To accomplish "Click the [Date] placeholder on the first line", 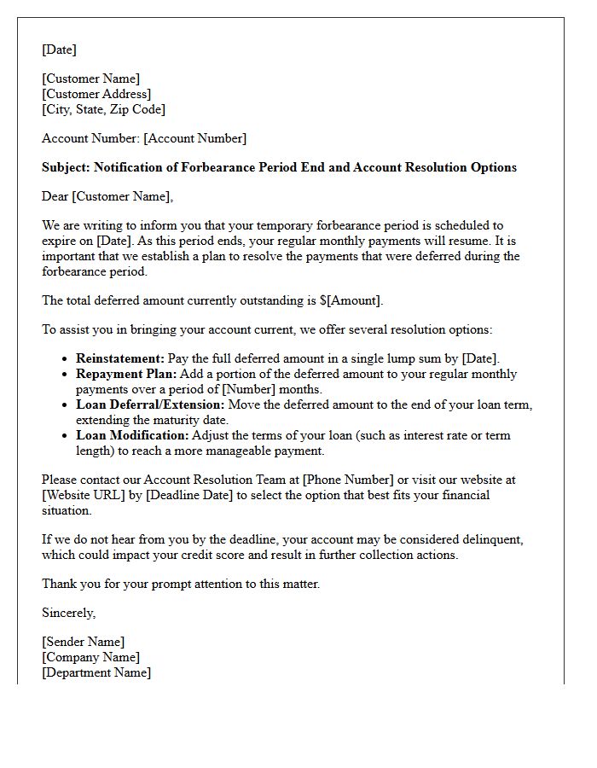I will (59, 49).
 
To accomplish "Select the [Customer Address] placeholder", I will (96, 94).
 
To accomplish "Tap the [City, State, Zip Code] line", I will (103, 109).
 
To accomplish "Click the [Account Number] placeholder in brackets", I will (194, 138).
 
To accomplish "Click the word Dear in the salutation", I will (55, 196).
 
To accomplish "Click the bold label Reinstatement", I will (119, 358).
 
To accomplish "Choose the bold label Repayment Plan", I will (126, 374).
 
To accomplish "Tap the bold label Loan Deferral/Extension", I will (150, 404).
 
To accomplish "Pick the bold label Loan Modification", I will (127, 435).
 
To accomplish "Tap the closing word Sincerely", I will (68, 613).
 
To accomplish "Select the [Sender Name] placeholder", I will (83, 642).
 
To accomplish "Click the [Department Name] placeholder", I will (96, 672).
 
